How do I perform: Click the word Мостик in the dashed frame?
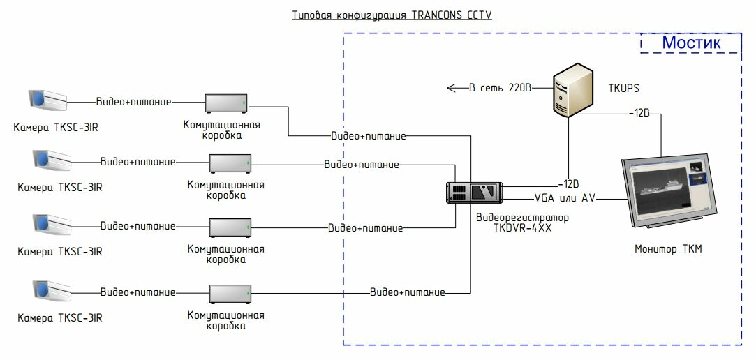[x=690, y=43]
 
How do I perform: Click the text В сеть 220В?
[x=500, y=89]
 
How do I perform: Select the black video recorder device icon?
[x=475, y=192]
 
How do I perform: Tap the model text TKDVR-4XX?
[x=523, y=227]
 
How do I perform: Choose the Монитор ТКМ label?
[x=668, y=249]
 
